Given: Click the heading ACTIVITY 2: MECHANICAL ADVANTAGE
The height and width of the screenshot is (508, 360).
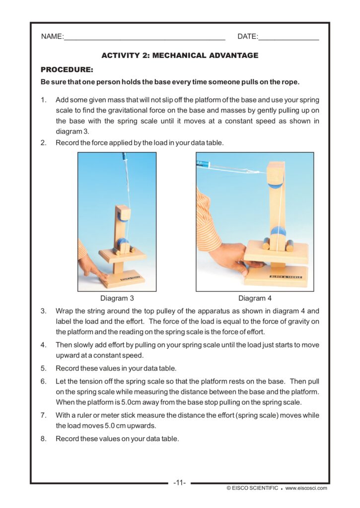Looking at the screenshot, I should pos(180,56).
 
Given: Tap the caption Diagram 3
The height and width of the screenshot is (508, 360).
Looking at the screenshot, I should pos(117,298).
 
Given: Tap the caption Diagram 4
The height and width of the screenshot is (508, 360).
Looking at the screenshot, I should pos(255,298).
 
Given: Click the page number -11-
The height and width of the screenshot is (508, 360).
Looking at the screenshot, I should pos(180,482).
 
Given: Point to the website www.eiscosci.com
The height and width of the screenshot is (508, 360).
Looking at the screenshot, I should pos(306,488).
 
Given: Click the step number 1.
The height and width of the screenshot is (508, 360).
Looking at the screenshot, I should pos(43,100).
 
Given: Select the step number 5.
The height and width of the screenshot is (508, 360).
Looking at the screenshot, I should pos(43,368).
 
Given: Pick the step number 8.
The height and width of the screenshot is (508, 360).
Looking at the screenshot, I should pos(43,439).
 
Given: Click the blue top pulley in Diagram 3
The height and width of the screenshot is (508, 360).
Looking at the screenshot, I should pos(120,215).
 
